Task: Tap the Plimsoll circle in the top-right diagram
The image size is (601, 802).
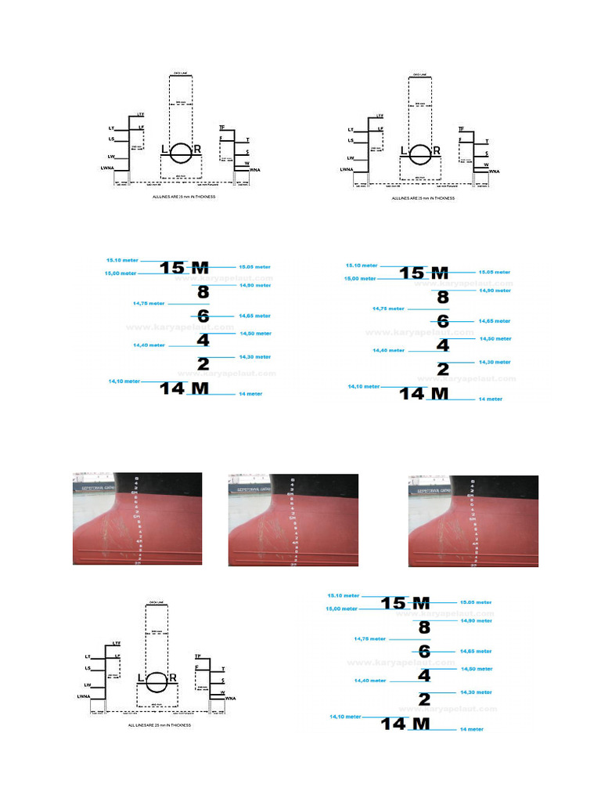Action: click(419, 152)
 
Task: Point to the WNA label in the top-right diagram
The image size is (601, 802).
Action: click(494, 171)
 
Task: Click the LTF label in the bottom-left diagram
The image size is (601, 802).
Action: click(117, 643)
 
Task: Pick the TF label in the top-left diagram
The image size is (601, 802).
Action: click(221, 127)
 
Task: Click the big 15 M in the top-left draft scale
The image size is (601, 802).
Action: click(184, 268)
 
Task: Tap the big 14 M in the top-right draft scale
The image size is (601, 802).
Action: click(424, 393)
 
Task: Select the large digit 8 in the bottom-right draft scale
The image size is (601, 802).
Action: click(424, 627)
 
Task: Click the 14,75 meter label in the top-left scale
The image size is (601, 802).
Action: click(149, 303)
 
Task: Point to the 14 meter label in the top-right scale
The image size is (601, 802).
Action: click(490, 399)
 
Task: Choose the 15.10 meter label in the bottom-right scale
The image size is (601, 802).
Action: click(344, 596)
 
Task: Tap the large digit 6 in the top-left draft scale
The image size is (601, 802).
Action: click(203, 316)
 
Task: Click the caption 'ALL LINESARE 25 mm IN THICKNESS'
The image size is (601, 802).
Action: click(160, 725)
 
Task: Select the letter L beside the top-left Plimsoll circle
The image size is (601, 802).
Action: click(164, 150)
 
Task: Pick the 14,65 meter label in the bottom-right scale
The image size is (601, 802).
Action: click(476, 651)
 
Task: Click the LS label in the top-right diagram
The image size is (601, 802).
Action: click(351, 140)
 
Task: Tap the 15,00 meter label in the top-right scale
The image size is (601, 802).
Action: click(360, 279)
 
